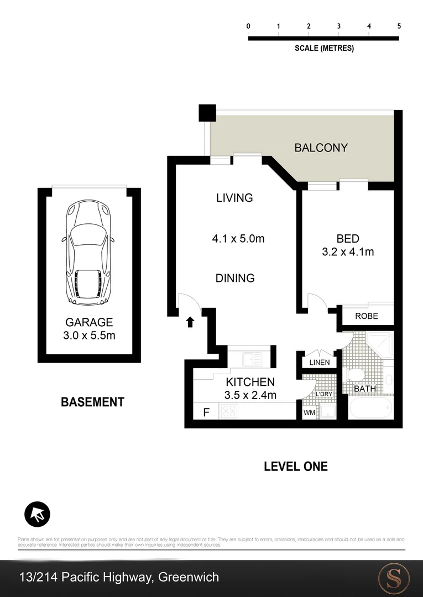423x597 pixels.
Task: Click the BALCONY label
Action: coord(321,148)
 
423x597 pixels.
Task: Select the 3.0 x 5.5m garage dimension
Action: coord(89,336)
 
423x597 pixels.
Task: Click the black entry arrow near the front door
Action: coord(190,322)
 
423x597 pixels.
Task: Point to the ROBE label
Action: coord(367,316)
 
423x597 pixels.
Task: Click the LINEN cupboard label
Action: coord(320,363)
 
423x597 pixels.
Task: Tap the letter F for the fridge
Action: coord(207,412)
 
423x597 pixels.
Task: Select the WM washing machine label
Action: coord(309,412)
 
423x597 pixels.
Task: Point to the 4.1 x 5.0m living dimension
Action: coord(238,239)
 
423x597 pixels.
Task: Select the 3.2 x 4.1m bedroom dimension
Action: coord(348,252)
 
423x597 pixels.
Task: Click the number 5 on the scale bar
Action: coord(399,26)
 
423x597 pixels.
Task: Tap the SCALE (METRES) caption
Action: coord(324,48)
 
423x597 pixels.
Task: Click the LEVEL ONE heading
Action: coord(295,467)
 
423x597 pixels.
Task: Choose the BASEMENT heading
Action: coord(92,402)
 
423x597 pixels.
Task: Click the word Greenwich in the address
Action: coord(189,578)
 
